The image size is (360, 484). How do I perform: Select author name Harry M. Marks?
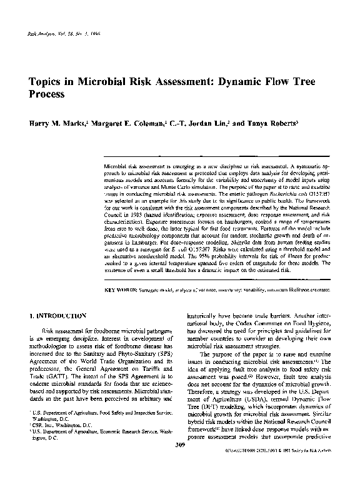[x=52, y=124]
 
